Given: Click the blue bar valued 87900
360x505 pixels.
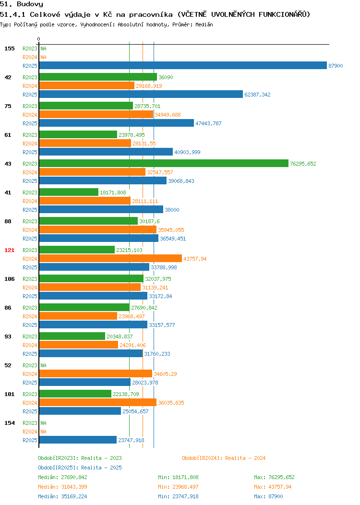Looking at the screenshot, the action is click(183, 65).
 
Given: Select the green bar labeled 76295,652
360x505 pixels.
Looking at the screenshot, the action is click(164, 163).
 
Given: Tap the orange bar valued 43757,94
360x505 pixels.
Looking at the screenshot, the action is click(110, 258).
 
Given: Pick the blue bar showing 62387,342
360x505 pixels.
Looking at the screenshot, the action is click(141, 94).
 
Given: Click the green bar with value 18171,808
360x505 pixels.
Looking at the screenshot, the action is click(69, 192).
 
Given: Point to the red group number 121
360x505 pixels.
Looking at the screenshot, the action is click(9, 250).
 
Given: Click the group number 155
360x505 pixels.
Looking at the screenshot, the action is click(9, 48).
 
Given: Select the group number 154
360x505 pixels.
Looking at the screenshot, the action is click(9, 423).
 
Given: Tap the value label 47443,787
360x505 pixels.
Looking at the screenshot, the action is click(208, 123).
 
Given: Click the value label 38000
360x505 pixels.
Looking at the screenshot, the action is click(172, 210).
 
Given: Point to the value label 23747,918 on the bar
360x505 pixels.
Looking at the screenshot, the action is click(131, 440).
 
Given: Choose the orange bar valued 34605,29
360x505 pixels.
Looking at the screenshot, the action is click(96, 373).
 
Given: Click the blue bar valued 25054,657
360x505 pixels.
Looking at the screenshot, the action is click(80, 411).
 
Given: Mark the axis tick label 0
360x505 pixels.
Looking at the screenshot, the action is click(39, 39).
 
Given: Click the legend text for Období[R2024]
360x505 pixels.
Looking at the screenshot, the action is click(224, 458).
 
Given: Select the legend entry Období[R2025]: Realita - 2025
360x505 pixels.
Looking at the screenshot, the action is click(80, 468).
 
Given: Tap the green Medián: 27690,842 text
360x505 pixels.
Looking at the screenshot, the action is click(62, 477).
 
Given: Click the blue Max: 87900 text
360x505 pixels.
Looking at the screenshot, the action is click(268, 496).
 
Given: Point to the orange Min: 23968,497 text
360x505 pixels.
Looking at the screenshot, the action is click(178, 487).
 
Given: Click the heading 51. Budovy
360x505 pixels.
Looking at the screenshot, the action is click(21, 4).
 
